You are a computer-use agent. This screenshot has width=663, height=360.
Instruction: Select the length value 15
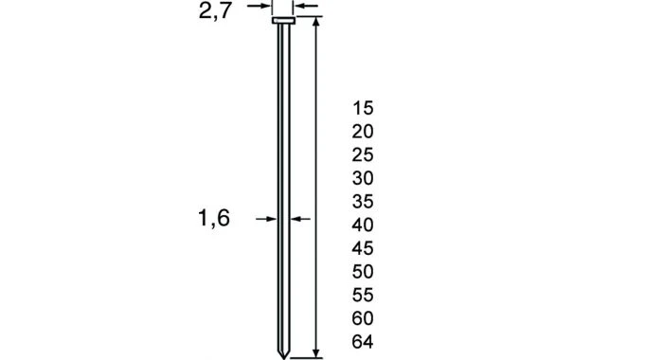click(x=362, y=108)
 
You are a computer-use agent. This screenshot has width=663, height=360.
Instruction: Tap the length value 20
click(x=362, y=132)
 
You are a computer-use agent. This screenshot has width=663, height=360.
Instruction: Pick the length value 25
click(x=362, y=154)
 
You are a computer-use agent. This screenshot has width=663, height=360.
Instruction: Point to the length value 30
click(x=362, y=178)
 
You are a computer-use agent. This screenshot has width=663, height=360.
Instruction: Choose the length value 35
click(x=362, y=202)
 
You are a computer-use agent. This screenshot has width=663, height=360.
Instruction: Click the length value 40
click(x=362, y=225)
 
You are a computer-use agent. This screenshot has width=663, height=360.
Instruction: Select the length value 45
click(x=362, y=248)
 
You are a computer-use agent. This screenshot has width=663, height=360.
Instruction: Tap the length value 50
click(x=362, y=272)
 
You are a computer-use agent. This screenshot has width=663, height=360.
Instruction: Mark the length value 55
click(x=362, y=295)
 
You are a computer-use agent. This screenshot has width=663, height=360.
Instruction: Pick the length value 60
click(x=362, y=318)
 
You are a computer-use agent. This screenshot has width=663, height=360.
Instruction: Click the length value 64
click(x=362, y=342)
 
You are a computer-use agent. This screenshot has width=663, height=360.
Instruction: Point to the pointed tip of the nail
click(x=282, y=351)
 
